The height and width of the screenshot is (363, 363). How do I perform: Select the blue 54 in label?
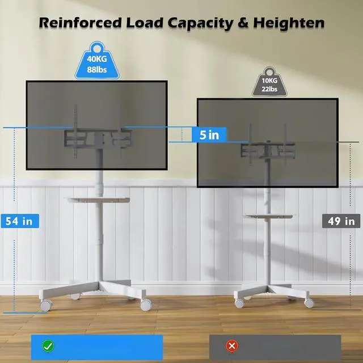pyautogui.click(x=19, y=221)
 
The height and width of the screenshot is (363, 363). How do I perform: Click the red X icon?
pyautogui.click(x=231, y=345)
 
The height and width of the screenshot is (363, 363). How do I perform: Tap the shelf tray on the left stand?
pyautogui.click(x=98, y=200)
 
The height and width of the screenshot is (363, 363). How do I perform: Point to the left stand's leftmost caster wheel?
pyautogui.click(x=45, y=305)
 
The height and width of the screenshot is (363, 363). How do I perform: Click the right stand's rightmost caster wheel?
pyautogui.click(x=309, y=302)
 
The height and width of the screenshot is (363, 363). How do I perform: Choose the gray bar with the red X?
pyautogui.click(x=275, y=345)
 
